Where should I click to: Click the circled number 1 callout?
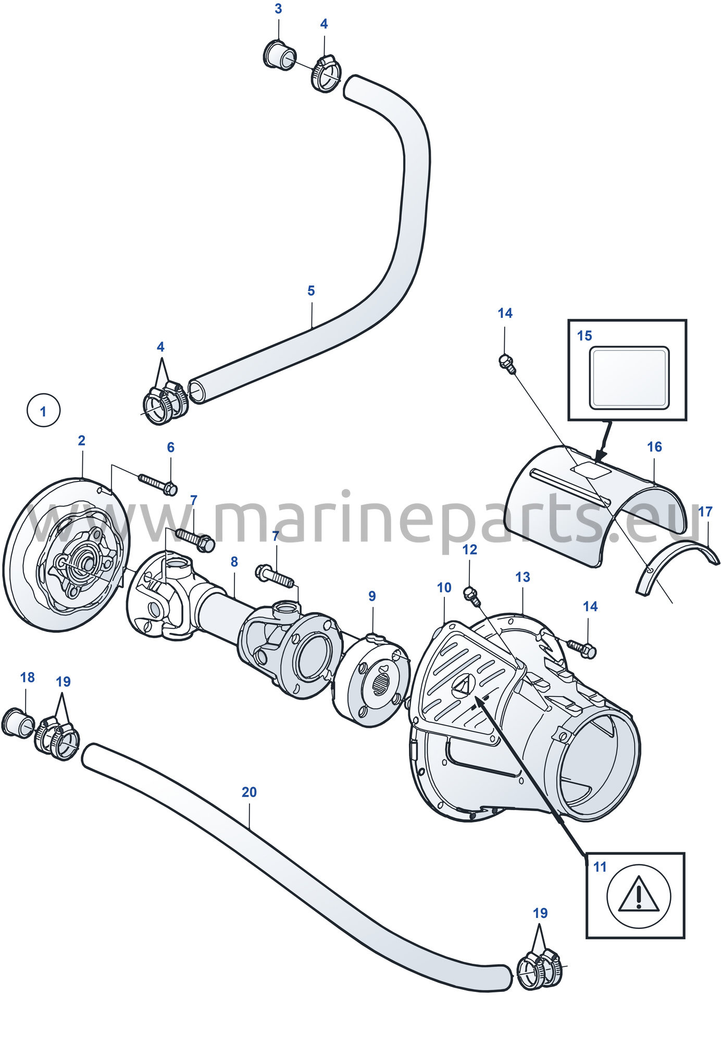(43, 411)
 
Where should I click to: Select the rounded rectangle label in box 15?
(629, 378)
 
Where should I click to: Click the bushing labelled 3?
(280, 55)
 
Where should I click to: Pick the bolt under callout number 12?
(471, 595)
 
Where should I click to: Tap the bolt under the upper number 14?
(507, 363)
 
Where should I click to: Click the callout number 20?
(249, 792)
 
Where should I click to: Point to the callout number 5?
(311, 291)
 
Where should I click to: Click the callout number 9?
(372, 596)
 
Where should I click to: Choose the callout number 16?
(654, 446)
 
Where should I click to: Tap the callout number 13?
(522, 577)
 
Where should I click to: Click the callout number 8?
(234, 562)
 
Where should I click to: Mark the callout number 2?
(81, 440)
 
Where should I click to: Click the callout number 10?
(444, 588)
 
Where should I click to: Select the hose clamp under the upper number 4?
(326, 74)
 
